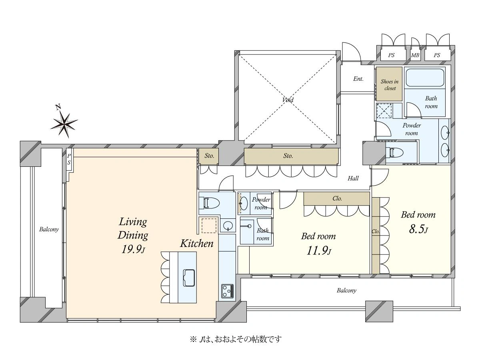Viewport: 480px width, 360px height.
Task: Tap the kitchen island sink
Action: [x=189, y=278]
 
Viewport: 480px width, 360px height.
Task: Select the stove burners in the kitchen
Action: [x=228, y=291]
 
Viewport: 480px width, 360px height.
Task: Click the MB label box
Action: [x=415, y=55]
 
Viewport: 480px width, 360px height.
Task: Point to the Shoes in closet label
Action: [x=390, y=85]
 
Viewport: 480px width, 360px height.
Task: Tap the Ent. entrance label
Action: [x=358, y=79]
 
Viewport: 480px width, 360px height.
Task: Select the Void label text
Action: [x=288, y=100]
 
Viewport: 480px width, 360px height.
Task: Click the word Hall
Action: [x=353, y=178]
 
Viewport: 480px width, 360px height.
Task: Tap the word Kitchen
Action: [x=196, y=244]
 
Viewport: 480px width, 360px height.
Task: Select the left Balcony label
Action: [x=49, y=229]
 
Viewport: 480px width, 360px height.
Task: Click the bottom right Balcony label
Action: [x=346, y=290]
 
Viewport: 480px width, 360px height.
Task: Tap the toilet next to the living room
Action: [x=209, y=203]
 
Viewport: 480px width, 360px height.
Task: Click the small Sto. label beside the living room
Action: [x=209, y=156]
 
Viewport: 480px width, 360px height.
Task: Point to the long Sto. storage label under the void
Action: [x=288, y=156]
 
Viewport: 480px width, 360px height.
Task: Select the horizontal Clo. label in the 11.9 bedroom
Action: [x=337, y=198]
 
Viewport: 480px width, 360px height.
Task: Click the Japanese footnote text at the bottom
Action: [x=236, y=340]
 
